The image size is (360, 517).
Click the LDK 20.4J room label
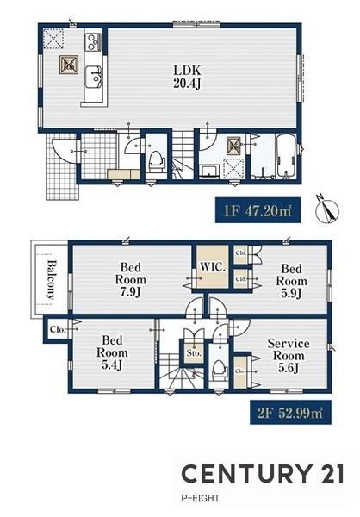tap(187, 77)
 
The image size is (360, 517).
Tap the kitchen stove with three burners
tap(93, 42)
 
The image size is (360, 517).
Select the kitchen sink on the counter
tap(94, 77)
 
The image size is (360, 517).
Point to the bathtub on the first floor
tap(286, 155)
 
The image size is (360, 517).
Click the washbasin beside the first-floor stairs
tap(209, 171)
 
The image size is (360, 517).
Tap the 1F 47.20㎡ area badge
tap(258, 210)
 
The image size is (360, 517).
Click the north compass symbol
tap(327, 210)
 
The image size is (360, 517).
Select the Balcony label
tap(51, 279)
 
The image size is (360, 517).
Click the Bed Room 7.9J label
tap(131, 279)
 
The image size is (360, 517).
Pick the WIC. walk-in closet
tap(213, 267)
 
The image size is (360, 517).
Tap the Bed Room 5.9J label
tap(291, 281)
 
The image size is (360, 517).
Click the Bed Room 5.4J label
tap(112, 352)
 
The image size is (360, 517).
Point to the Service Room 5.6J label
tap(289, 355)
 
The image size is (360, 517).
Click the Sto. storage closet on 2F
tap(194, 352)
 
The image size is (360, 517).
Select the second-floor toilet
tap(220, 371)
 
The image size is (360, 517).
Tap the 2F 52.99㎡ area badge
tap(290, 412)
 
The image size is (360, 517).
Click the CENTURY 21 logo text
tap(263, 473)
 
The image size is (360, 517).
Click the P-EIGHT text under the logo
tap(200, 498)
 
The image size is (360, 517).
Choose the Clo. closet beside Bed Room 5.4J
tap(58, 329)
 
